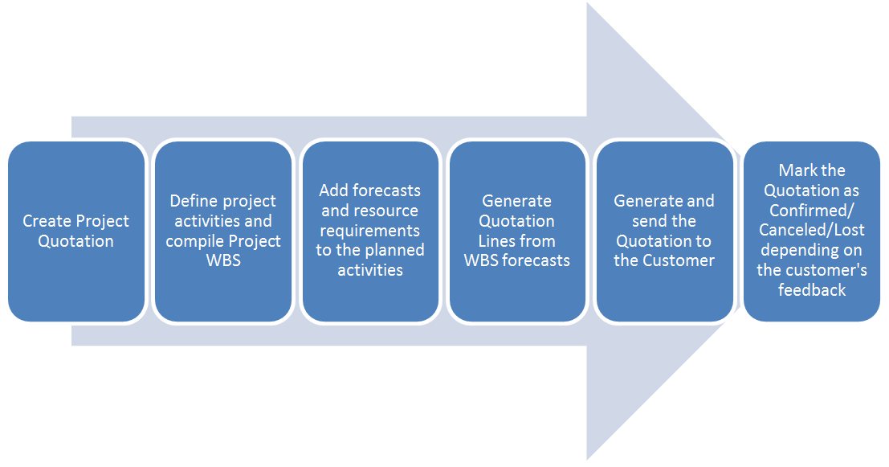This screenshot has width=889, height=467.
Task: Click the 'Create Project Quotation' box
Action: point(76,231)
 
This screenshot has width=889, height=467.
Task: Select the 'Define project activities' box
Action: point(223,231)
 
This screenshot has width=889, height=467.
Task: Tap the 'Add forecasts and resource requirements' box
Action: point(370,231)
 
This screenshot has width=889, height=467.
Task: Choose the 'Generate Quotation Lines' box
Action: point(517,231)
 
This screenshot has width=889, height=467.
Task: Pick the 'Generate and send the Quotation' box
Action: point(664,231)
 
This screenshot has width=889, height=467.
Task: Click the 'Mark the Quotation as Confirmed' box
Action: point(811,231)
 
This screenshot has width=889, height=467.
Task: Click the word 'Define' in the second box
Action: point(192,201)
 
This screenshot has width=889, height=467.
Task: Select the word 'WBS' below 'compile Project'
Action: point(223,260)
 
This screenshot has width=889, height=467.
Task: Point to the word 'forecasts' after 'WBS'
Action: point(537,260)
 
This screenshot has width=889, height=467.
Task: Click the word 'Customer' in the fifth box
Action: point(683,260)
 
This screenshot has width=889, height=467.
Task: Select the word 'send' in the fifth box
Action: point(649,221)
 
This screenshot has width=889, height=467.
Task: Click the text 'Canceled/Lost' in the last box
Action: point(812,231)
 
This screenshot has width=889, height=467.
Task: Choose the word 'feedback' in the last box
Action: point(812,290)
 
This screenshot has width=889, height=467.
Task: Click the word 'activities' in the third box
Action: point(370,270)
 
